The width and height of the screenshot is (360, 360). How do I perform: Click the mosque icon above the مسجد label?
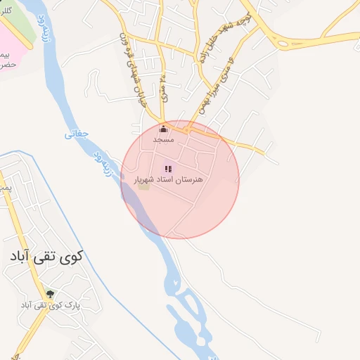click(164, 129)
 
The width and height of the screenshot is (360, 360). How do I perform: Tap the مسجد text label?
click(164, 140)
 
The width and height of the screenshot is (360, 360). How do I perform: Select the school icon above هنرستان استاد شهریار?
click(168, 169)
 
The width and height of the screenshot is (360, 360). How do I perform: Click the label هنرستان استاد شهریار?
click(168, 180)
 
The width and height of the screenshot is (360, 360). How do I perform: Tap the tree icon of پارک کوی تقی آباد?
click(49, 293)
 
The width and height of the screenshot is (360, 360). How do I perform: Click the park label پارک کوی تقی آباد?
click(49, 305)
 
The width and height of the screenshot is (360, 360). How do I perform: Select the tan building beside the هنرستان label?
click(143, 186)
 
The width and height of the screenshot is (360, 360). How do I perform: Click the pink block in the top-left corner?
click(9, 44)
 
